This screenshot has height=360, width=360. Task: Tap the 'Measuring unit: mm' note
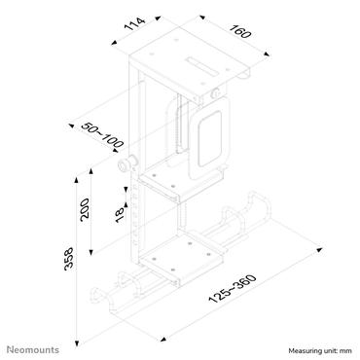[x=320, y=349]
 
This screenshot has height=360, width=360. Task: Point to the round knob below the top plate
[x=211, y=95]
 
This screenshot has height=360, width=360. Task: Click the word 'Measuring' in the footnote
[x=303, y=349]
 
